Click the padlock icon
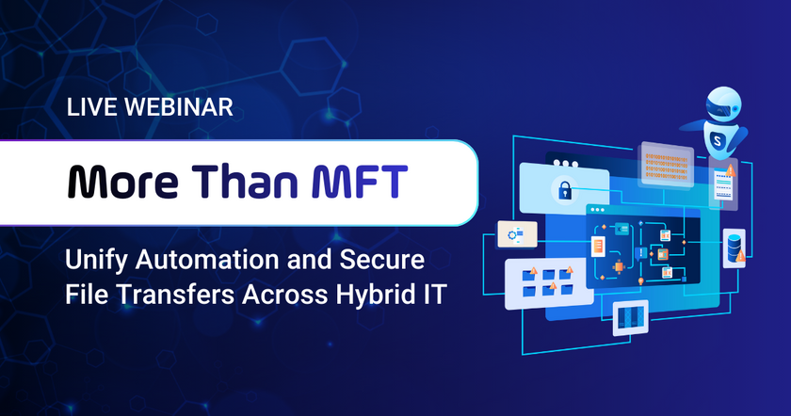(565, 191)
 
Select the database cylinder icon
(734, 246)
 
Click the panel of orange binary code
(670, 162)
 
